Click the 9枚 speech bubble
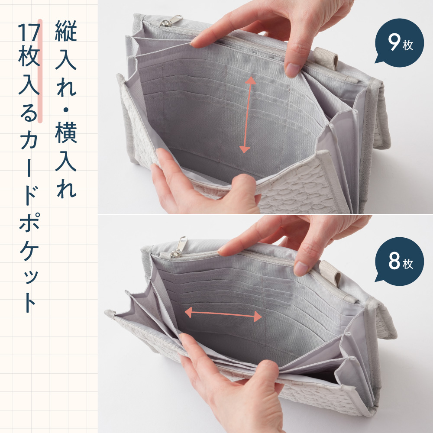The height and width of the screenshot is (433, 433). click(x=399, y=42)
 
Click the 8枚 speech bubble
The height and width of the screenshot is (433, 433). click(x=399, y=261)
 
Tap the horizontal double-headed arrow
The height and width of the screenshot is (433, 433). click(x=223, y=314)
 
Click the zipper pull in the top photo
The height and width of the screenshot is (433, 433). click(x=172, y=21)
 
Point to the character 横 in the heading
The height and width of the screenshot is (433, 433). click(x=66, y=132)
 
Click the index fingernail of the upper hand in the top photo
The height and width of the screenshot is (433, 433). click(x=292, y=70)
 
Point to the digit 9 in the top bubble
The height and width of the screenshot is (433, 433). click(x=394, y=42)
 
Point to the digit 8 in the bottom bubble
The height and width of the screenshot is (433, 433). click(x=394, y=261)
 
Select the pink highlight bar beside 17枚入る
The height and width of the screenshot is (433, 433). click(x=40, y=71)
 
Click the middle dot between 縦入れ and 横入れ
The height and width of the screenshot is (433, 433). click(x=66, y=110)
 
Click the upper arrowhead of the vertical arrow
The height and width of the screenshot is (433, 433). click(x=250, y=81)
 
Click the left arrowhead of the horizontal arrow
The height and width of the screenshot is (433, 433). click(x=188, y=313)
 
